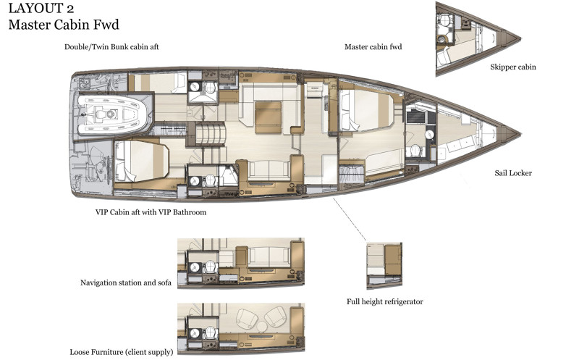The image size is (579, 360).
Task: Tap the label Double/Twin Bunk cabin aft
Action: click(111, 47)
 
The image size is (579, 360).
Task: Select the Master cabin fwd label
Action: click(373, 47)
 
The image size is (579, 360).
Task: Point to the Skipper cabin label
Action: click(513, 67)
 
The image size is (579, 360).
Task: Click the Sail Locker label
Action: click(513, 173)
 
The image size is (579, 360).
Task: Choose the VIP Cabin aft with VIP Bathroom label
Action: click(151, 212)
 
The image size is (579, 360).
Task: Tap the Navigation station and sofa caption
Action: click(126, 282)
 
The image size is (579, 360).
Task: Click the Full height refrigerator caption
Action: click(385, 301)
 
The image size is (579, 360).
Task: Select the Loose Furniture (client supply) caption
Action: click(122, 352)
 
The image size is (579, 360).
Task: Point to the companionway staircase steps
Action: click(210, 134)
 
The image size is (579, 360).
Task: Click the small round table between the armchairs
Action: click(262, 327)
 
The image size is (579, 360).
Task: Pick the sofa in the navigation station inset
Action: click(269, 256)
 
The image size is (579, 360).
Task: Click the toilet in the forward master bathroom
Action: click(415, 151)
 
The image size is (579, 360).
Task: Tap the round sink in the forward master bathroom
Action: click(429, 134)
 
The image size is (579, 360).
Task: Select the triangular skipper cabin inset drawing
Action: click(476, 39)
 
